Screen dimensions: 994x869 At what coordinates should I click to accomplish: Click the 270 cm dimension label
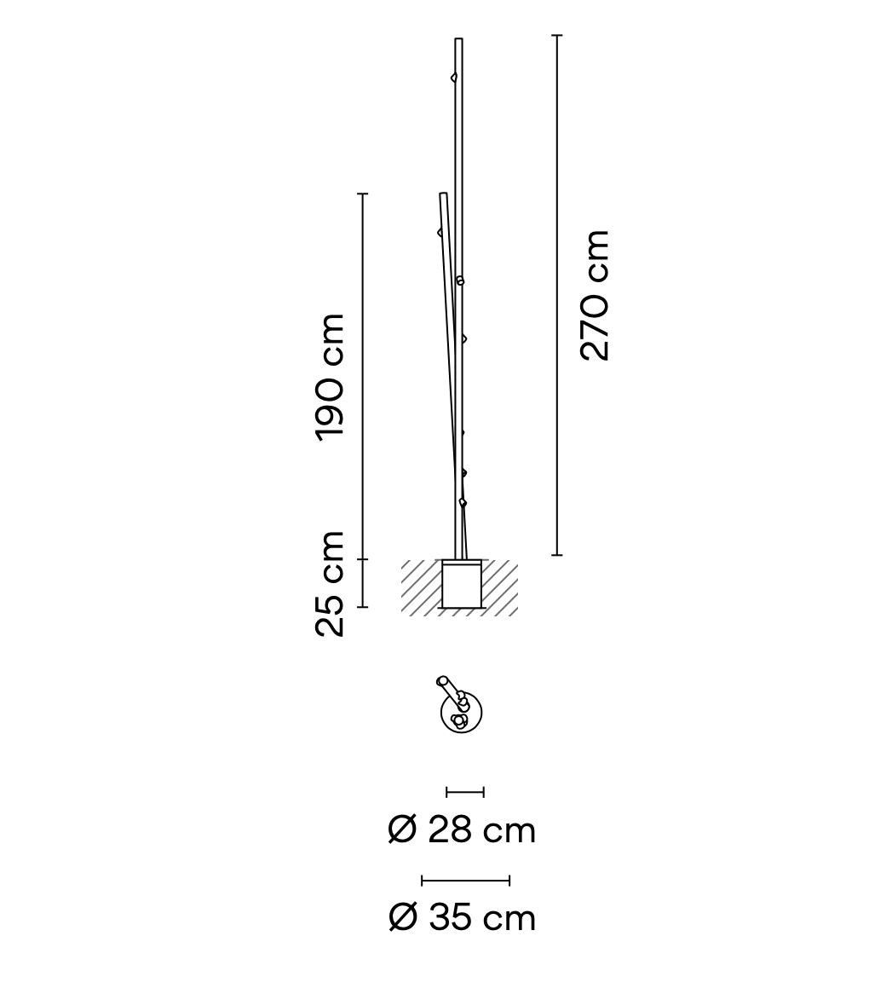595,295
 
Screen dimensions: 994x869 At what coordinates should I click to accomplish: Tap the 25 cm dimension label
331,584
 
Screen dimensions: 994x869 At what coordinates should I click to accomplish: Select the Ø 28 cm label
462,829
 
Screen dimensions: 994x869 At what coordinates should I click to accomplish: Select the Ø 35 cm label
462,918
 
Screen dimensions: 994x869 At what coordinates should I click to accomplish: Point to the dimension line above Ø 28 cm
465,793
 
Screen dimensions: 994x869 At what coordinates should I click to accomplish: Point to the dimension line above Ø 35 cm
465,881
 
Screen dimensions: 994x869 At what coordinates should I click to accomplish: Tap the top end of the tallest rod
458,40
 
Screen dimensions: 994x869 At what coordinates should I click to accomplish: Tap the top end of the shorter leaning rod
443,195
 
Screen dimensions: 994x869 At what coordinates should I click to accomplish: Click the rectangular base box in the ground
462,586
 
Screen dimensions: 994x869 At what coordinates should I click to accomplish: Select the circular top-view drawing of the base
462,714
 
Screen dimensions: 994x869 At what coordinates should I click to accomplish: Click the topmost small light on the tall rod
454,78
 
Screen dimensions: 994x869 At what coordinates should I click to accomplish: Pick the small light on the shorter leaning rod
440,232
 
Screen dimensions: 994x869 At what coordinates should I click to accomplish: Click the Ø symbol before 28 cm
402,829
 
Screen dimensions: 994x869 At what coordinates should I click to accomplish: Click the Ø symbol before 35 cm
402,918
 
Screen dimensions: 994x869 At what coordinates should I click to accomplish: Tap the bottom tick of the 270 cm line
557,555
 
